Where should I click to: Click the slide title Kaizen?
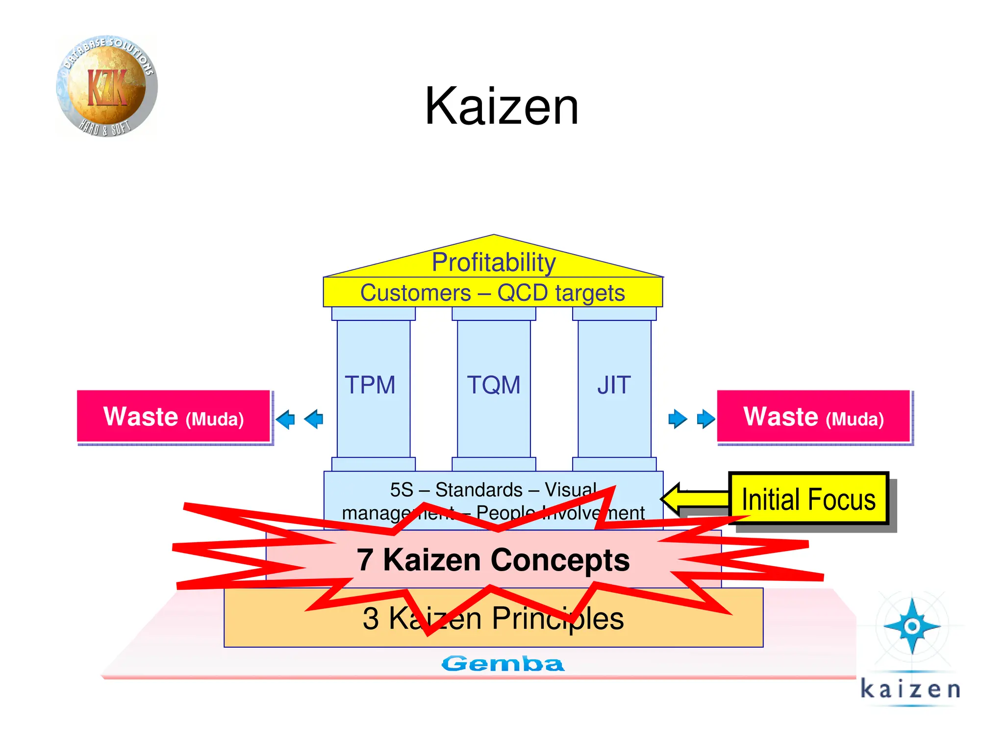tap(502, 106)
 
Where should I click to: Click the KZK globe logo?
tap(107, 86)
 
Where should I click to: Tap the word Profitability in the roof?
tap(493, 262)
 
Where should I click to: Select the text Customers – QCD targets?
tap(493, 293)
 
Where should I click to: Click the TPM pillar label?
tap(370, 385)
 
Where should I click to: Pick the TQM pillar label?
tap(494, 385)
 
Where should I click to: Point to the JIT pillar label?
tap(614, 385)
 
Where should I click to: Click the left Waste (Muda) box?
tap(174, 417)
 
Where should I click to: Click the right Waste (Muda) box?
tap(813, 417)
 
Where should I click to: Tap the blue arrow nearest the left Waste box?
tap(285, 419)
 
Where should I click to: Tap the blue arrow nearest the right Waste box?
tap(705, 419)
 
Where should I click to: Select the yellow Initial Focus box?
tap(808, 499)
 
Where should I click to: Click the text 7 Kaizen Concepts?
tap(493, 560)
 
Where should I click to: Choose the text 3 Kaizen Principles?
tap(493, 618)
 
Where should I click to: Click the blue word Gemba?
tap(502, 664)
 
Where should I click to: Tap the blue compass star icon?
tap(912, 626)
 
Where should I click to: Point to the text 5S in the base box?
tap(402, 490)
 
